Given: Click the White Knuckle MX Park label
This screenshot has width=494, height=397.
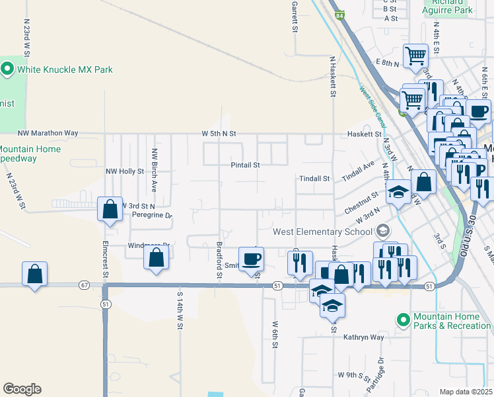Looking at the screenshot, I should [65, 69].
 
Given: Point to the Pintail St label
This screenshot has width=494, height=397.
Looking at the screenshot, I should [245, 165].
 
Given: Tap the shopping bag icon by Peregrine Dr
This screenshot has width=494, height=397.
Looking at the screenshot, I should [110, 209].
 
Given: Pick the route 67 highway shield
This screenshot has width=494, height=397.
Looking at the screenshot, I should [83, 285].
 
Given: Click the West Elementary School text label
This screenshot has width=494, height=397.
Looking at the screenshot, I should [322, 232].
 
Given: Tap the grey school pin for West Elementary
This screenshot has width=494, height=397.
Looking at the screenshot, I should [382, 232].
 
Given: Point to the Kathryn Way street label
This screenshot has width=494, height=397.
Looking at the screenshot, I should [363, 337].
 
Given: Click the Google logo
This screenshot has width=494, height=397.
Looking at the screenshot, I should [22, 388].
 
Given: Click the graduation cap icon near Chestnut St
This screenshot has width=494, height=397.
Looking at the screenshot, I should [398, 192].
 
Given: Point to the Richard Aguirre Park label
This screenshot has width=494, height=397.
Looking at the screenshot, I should [449, 7].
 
